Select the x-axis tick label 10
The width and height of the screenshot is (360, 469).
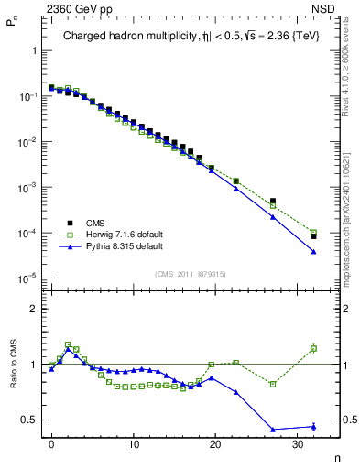coord(134,443)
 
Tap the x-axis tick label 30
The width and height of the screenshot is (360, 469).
coord(298,443)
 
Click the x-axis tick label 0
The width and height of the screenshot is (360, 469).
coord(51,443)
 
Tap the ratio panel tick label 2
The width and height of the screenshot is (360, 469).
coord(36,309)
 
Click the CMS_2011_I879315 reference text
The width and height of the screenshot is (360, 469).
coord(191,273)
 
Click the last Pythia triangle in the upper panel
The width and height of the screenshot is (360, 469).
coord(313,252)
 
